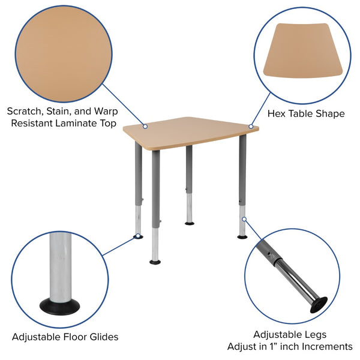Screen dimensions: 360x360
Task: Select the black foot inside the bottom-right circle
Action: click(x=318, y=305)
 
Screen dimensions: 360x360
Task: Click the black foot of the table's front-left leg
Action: click(x=155, y=261)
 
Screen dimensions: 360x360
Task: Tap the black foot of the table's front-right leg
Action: click(x=242, y=236)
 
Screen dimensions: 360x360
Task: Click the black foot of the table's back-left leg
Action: click(x=138, y=236)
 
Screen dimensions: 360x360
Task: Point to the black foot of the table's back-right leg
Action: click(x=190, y=223)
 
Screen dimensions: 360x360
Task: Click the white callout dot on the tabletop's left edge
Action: click(x=145, y=126)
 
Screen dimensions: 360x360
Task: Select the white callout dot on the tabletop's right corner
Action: click(x=250, y=126)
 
